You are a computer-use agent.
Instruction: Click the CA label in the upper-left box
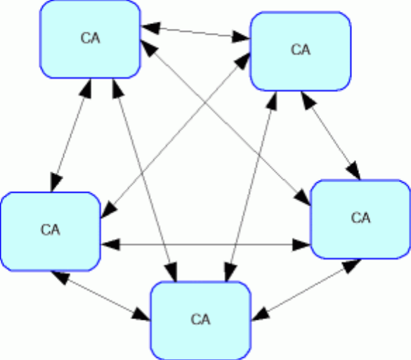point(91,38)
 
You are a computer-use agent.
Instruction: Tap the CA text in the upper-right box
point(301,50)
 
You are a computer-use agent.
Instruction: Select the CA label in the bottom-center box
point(200,319)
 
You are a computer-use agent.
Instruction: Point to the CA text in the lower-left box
point(51,230)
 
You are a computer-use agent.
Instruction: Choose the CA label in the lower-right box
point(360,218)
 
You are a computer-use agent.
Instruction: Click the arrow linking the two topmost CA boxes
point(196,32)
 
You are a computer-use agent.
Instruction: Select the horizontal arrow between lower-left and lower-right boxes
point(206,245)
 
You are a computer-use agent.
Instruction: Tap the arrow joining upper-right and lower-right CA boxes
point(331,136)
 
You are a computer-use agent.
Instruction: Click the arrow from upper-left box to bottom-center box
point(145,180)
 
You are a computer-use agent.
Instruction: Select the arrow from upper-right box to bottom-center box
point(251,186)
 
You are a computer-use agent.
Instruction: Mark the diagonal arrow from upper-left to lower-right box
point(226,122)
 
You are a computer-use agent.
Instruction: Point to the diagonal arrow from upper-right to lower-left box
point(176,136)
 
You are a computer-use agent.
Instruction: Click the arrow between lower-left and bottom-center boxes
point(101,296)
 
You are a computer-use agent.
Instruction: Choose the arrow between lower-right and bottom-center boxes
point(306,290)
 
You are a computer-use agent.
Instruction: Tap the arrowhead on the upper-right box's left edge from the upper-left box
point(241,37)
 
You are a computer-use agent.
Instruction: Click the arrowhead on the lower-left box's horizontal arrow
point(110,245)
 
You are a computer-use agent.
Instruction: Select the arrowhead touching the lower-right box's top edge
point(354,171)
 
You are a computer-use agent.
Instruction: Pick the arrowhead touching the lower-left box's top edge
point(56,182)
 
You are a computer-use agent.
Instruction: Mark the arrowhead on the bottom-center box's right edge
point(260,314)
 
